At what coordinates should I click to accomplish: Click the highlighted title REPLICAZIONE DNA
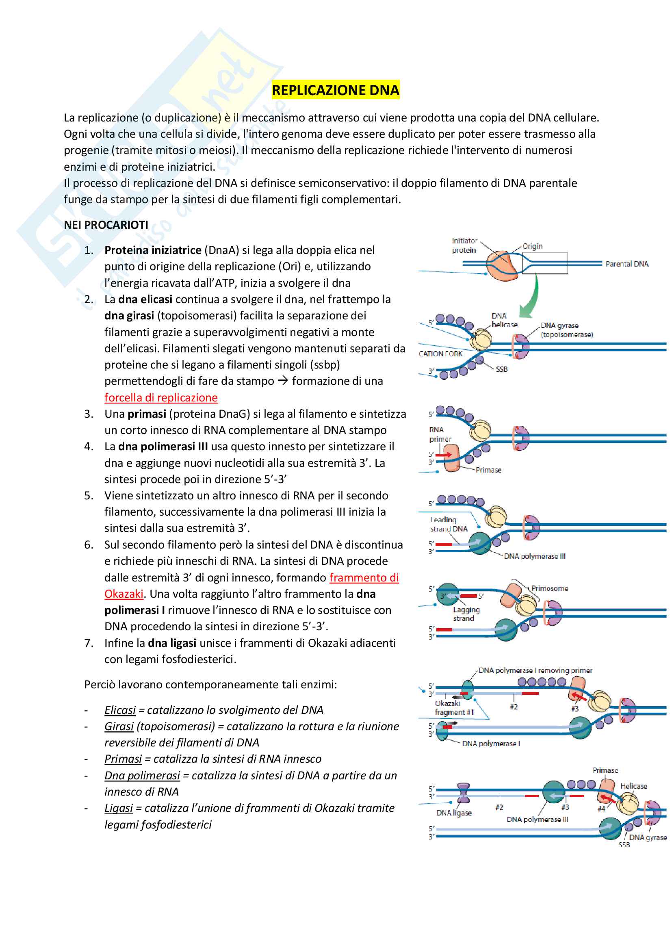(335, 90)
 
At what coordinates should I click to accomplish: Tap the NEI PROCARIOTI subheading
(106, 225)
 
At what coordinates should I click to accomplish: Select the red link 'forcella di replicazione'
(161, 398)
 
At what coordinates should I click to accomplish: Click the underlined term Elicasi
(120, 710)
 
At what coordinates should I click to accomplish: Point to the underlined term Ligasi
(119, 808)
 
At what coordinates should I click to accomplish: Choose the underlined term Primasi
(123, 759)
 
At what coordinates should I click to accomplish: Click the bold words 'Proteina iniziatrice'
(153, 250)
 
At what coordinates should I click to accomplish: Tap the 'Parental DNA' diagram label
(627, 264)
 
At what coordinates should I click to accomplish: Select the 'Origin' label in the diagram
(532, 246)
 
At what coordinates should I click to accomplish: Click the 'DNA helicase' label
(504, 320)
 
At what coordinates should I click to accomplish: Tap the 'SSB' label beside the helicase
(501, 369)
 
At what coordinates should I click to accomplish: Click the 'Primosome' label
(550, 588)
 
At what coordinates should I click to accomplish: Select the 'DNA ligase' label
(454, 813)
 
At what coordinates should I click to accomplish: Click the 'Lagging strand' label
(466, 614)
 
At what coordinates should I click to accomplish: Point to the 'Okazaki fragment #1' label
(454, 707)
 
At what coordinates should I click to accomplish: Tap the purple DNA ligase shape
(463, 793)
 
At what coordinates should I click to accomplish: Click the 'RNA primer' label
(440, 434)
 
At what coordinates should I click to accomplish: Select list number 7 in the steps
(89, 643)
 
